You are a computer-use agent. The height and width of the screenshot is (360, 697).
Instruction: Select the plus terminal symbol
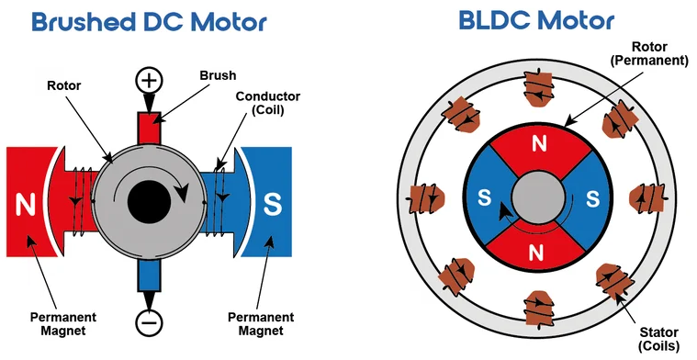pos(149,81)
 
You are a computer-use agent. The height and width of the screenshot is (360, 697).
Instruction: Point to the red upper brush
pos(149,127)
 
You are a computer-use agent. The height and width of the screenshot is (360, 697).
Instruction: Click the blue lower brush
pos(149,275)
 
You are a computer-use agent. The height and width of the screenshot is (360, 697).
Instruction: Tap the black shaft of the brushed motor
pos(148,199)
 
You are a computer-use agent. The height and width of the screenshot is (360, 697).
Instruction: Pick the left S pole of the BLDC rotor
pos(484,197)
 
